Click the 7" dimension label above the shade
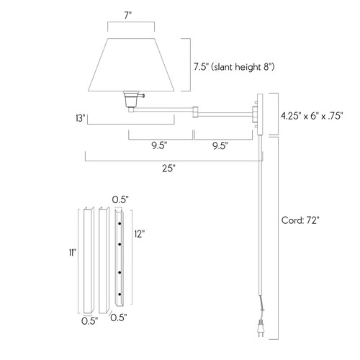point(128,15)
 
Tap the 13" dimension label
point(80,116)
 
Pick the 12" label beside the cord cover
point(140,233)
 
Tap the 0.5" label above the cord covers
point(120,199)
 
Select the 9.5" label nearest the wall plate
point(220,145)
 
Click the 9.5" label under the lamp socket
point(159,145)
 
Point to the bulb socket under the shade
point(131,100)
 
